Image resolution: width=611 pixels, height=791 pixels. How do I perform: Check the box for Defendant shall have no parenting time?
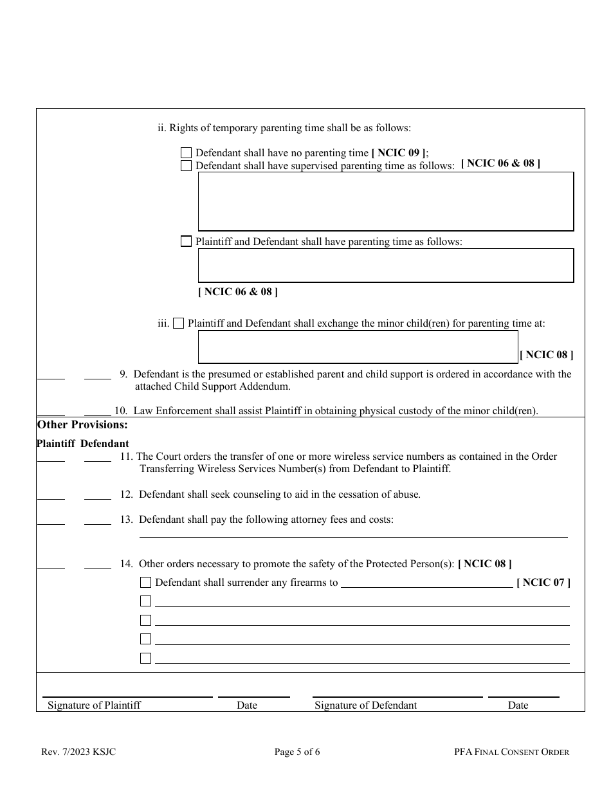point(186,153)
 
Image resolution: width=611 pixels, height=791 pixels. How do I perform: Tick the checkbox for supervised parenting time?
point(186,166)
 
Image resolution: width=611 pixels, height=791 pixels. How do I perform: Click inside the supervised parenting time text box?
point(385,201)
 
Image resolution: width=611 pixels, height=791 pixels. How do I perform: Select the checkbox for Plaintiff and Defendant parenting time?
point(186,242)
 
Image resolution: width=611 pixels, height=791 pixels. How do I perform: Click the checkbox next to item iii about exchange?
point(178,323)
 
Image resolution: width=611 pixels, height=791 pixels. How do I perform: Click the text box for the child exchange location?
point(358,347)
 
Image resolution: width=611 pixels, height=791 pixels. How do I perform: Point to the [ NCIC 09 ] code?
point(399,153)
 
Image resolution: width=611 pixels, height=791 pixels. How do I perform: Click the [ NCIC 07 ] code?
point(543,583)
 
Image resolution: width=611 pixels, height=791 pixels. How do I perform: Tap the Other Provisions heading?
point(82,424)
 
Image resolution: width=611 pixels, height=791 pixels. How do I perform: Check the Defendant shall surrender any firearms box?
point(146,583)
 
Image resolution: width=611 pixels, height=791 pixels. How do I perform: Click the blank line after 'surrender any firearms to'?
point(426,584)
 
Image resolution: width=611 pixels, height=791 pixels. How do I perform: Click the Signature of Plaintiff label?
point(94,705)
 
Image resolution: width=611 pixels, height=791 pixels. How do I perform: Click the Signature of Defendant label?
point(365,705)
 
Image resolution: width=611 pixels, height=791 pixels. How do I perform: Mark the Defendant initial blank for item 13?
point(98,522)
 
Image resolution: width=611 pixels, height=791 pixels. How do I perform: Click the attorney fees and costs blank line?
point(354,534)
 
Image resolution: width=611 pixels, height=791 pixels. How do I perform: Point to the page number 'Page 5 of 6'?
point(296,752)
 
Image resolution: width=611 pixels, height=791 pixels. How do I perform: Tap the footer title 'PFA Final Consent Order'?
point(511,752)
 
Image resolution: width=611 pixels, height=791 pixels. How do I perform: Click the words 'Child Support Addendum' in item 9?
point(234,386)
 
